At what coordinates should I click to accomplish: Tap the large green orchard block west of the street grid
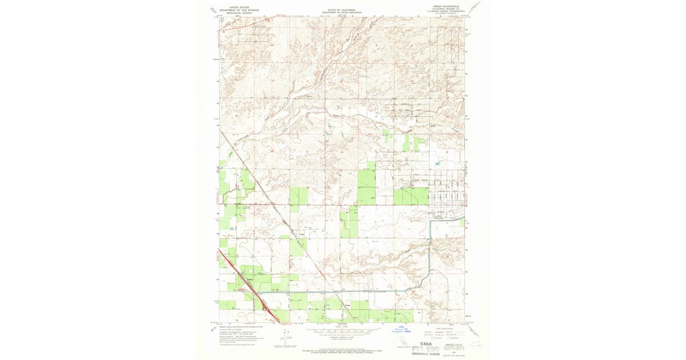pos(410,196)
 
